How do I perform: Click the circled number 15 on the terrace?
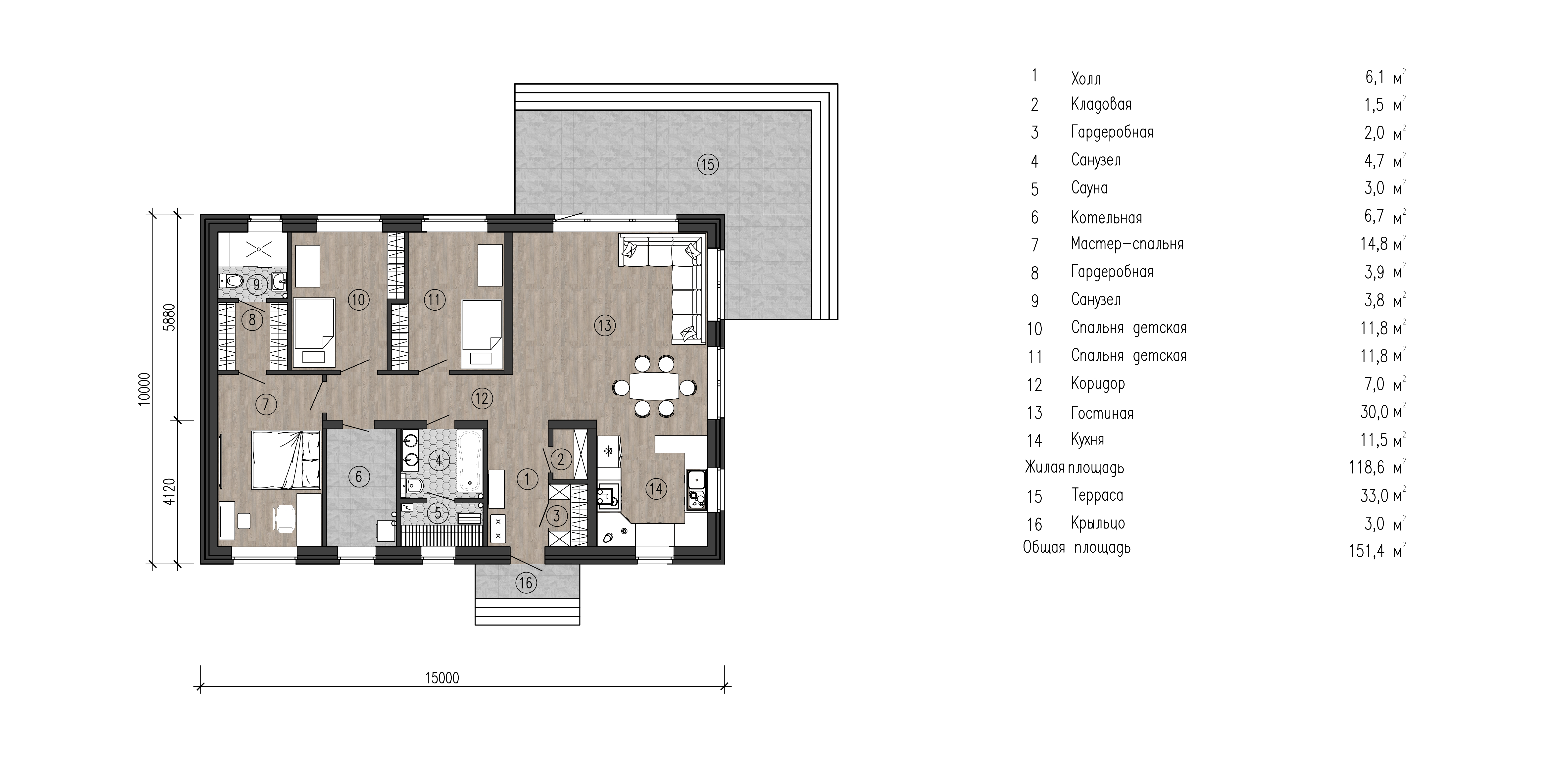coord(708,165)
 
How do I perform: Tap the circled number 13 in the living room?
coord(604,325)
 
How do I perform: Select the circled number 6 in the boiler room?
coord(359,476)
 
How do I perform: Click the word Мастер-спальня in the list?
coord(1127,244)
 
